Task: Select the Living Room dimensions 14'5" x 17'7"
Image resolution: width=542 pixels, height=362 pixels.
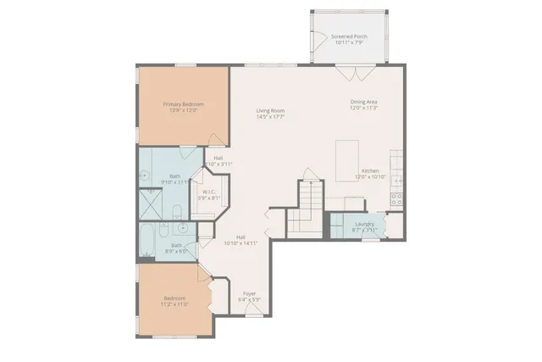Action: (270, 117)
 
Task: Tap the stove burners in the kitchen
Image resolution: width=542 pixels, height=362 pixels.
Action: (395, 199)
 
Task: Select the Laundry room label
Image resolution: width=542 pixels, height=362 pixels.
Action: (364, 226)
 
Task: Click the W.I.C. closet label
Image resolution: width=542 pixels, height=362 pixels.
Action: (209, 192)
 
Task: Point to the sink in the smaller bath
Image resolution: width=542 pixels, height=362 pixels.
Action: (183, 229)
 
